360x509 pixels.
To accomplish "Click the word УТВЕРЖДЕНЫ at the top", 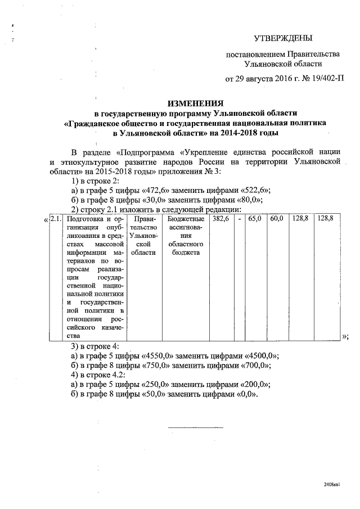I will click(x=282, y=38).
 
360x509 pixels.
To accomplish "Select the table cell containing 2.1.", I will click(x=55, y=219).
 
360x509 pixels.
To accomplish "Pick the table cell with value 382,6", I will click(x=220, y=219).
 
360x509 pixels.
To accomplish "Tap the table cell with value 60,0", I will click(x=276, y=219).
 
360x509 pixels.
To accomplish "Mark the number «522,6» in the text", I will click(x=253, y=190).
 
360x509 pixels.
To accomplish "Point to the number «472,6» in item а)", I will click(x=158, y=190).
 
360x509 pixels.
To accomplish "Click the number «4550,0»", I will click(x=160, y=355).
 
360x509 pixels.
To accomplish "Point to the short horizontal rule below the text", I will click(x=196, y=427).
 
